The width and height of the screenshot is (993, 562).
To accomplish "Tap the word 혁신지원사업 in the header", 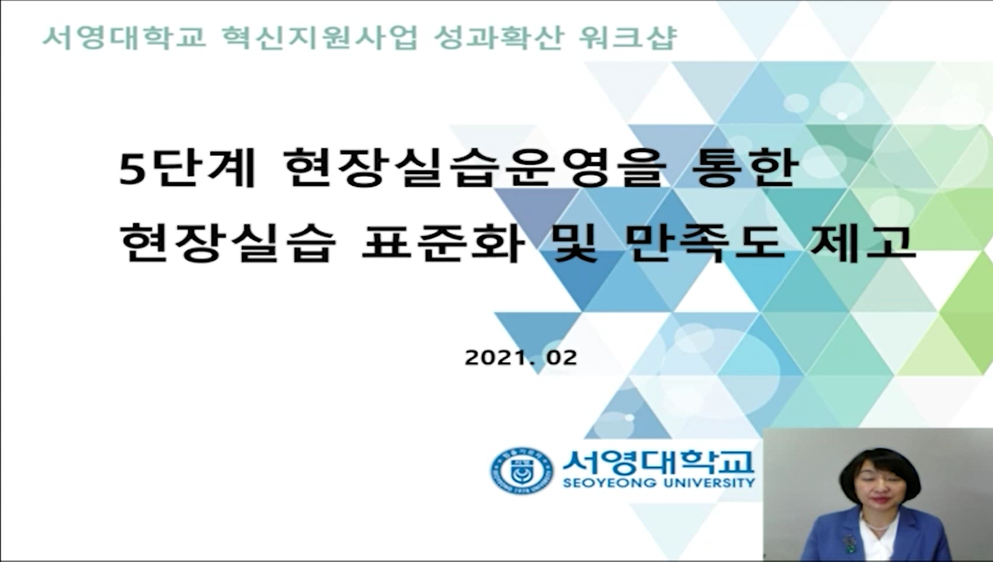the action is point(319,37).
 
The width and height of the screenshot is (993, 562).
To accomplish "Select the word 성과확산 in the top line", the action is point(498,37).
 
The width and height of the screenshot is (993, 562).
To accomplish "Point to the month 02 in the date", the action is point(562,358).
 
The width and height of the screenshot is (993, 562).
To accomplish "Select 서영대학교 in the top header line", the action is point(124,37).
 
